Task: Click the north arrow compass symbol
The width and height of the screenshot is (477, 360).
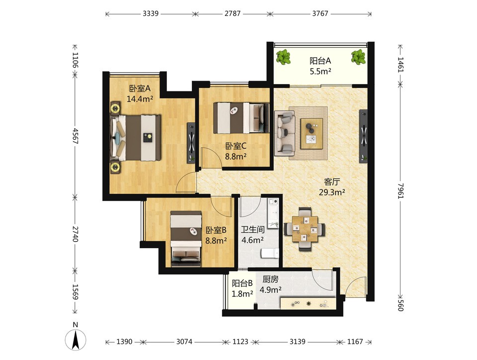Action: coord(76,339)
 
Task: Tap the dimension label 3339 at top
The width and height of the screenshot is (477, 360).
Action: coord(151,13)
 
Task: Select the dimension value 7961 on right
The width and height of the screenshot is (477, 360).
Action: coord(400,190)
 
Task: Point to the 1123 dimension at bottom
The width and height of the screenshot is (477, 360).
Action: coord(240,342)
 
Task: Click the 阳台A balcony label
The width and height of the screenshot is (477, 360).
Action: coord(320,61)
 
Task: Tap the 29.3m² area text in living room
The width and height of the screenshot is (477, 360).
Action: coord(332,192)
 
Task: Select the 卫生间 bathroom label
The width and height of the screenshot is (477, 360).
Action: coord(252,229)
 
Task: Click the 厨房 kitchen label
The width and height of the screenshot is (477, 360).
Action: coord(270,279)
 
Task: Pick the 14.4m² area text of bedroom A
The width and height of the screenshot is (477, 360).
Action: coord(140,99)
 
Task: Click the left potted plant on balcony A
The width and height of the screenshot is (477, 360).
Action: coord(283,57)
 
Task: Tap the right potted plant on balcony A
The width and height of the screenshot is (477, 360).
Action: coord(358,57)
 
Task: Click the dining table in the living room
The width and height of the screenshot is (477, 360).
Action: coord(305,229)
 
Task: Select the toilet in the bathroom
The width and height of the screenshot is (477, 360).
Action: coord(270,253)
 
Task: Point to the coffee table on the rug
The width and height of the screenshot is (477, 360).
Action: coord(312,134)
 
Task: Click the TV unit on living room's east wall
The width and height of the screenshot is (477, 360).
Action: coord(364,136)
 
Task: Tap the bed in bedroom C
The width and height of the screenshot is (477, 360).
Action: coord(241,118)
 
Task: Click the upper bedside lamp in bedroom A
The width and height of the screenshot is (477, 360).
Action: coord(115,108)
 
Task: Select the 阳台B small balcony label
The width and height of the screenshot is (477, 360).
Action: coord(242,283)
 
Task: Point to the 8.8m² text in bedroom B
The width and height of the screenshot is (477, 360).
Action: coord(216,241)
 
